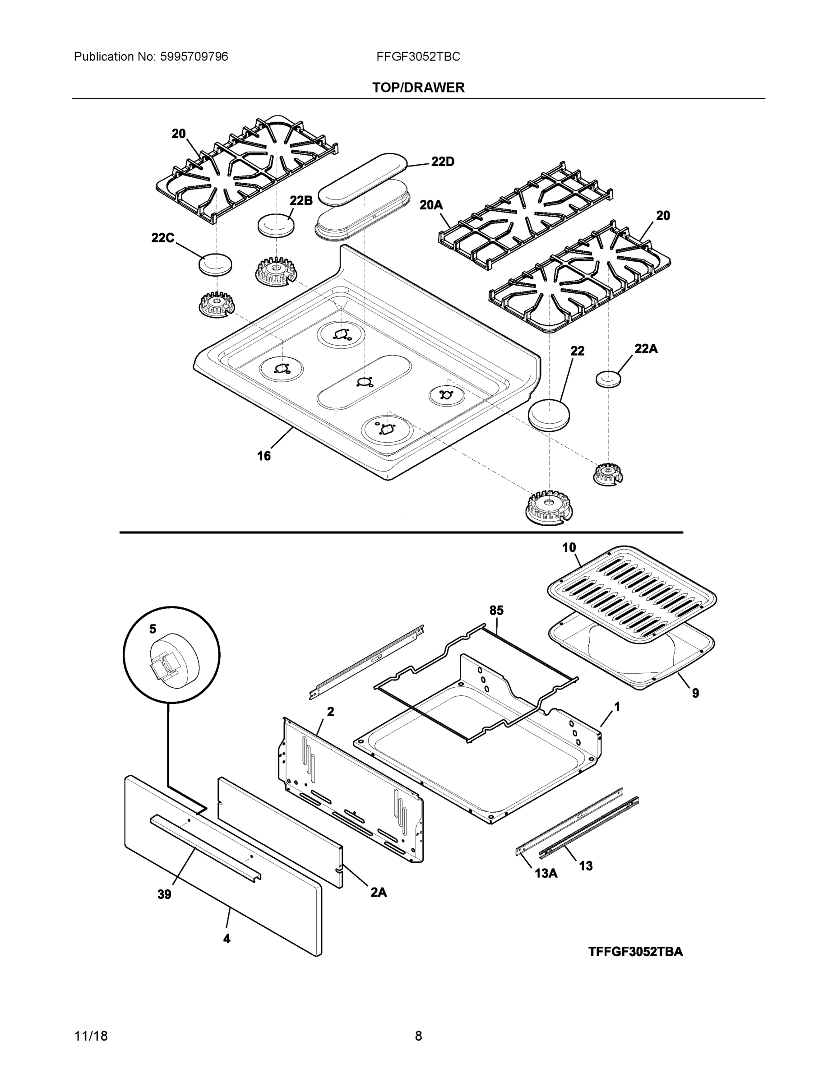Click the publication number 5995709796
coord(194,57)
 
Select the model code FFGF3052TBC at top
coord(418,57)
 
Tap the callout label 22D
coord(442,162)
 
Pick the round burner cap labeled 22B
coord(276,226)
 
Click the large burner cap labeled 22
coord(548,413)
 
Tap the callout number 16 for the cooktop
coord(264,456)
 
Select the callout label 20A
coord(431,205)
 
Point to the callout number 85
coord(496,611)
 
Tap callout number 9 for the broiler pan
coord(695,693)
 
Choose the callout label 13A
coord(546,873)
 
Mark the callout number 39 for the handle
coord(164,894)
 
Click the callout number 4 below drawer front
coord(227,938)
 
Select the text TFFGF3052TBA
coord(635,952)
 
